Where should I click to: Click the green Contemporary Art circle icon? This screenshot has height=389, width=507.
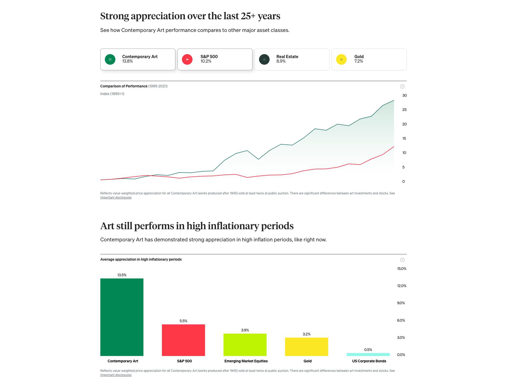pyautogui.click(x=110, y=59)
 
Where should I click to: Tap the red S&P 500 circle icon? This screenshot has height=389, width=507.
pyautogui.click(x=187, y=59)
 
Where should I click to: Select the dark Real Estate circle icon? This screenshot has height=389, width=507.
pyautogui.click(x=264, y=59)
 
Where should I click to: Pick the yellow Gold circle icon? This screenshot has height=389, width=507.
pyautogui.click(x=341, y=59)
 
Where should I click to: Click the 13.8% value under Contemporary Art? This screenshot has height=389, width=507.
pyautogui.click(x=128, y=61)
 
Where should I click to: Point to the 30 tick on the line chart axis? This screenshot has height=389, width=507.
pyautogui.click(x=404, y=95)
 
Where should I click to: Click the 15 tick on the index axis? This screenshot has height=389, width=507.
pyautogui.click(x=404, y=138)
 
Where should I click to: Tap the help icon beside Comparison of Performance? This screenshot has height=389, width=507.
pyautogui.click(x=402, y=86)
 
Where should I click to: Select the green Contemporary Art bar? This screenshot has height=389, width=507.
pyautogui.click(x=122, y=317)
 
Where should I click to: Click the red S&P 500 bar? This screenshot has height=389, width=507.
pyautogui.click(x=183, y=340)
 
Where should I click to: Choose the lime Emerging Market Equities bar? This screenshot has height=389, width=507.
pyautogui.click(x=245, y=345)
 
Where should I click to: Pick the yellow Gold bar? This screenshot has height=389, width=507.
pyautogui.click(x=306, y=346)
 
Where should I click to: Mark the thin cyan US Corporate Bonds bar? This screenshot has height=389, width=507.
pyautogui.click(x=368, y=354)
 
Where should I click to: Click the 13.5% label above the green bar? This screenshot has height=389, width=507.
pyautogui.click(x=122, y=275)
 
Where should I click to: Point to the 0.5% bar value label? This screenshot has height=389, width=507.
pyautogui.click(x=368, y=350)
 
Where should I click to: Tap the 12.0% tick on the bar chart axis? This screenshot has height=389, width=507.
pyautogui.click(x=402, y=286)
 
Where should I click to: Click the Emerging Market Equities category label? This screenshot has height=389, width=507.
pyautogui.click(x=246, y=361)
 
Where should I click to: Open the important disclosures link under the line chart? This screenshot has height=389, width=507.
pyautogui.click(x=116, y=198)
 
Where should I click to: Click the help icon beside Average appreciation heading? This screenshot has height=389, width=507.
pyautogui.click(x=402, y=260)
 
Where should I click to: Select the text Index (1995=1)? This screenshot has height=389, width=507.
pyautogui.click(x=112, y=94)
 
